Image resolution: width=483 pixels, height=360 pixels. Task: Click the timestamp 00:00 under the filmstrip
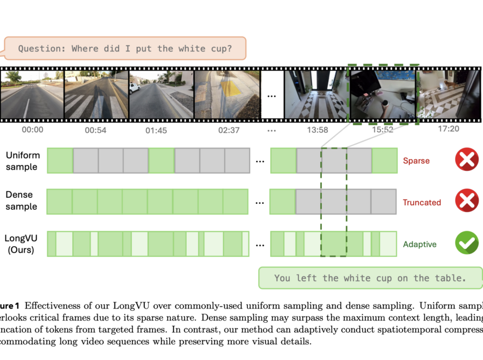tap(33, 130)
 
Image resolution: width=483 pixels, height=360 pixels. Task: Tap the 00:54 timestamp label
tap(96, 131)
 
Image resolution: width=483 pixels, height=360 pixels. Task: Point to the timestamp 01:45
tap(156, 131)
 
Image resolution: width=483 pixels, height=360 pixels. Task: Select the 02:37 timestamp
tap(228, 131)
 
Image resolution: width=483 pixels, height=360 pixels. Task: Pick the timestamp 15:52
tap(383, 130)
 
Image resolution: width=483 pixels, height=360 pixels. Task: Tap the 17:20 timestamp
tap(448, 129)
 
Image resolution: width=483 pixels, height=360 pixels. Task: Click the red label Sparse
tap(416, 161)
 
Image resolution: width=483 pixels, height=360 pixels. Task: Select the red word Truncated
tap(422, 203)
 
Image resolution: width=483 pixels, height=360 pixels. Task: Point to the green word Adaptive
tap(420, 245)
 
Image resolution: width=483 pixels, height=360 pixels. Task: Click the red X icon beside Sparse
tap(467, 160)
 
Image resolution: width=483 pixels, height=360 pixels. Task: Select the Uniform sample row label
tap(22, 161)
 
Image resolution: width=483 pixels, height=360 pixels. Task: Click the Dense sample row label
tap(22, 201)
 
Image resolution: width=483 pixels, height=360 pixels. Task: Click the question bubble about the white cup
tap(125, 48)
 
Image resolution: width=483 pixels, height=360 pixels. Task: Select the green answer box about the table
tap(370, 278)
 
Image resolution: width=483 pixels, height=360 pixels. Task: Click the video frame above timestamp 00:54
tap(96, 94)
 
